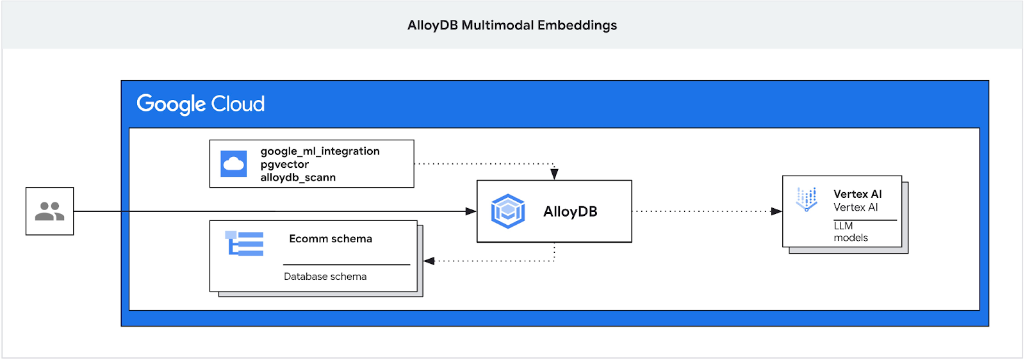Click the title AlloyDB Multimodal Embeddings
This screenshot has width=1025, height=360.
(512, 25)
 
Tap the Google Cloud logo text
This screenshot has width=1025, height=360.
(201, 104)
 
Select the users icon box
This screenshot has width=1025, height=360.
(50, 211)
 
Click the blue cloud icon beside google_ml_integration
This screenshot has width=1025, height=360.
(233, 164)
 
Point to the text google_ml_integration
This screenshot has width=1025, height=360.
(320, 151)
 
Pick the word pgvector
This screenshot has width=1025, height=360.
(284, 165)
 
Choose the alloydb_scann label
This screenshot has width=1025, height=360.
(298, 177)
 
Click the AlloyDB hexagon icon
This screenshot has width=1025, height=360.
(508, 211)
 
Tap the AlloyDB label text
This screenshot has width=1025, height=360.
(570, 211)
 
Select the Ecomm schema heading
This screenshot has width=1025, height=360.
(331, 239)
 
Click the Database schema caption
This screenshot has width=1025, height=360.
(325, 277)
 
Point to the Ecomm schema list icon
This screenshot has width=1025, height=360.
(244, 243)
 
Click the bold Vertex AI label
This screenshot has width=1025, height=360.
(857, 194)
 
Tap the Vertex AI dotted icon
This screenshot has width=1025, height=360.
(807, 199)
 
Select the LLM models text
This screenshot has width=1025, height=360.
(850, 232)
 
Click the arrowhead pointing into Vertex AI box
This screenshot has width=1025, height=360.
(776, 211)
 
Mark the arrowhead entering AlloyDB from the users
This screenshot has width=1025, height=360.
(471, 211)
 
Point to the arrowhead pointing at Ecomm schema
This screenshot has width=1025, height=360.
(429, 261)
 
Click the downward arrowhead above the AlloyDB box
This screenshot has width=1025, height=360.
(554, 174)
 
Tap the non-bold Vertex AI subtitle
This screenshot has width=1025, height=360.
(855, 208)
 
